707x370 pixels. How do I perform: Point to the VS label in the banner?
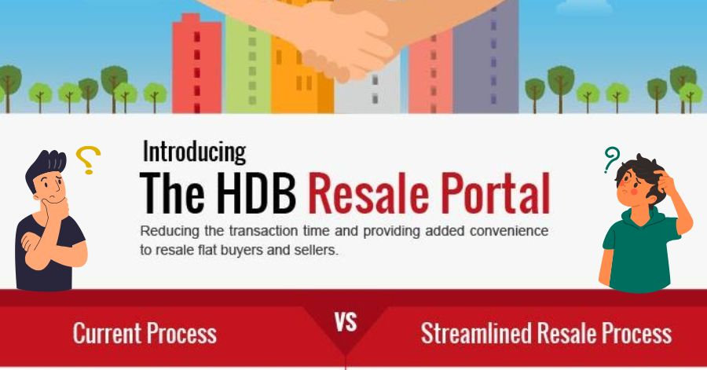click(x=346, y=322)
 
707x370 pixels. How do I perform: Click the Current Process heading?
click(x=145, y=332)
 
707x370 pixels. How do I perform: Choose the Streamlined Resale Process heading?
click(x=546, y=332)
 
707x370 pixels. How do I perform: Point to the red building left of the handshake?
click(x=196, y=63)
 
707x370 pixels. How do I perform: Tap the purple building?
click(x=491, y=55)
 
